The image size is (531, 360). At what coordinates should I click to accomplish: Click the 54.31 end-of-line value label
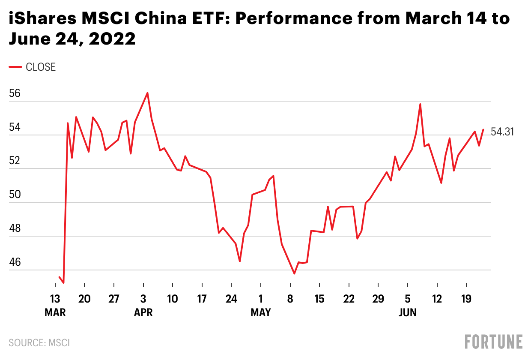502,132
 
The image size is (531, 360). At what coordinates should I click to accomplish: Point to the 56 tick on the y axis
15,93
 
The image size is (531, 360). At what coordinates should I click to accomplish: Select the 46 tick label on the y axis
15,262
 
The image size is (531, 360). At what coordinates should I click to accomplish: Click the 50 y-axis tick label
15,195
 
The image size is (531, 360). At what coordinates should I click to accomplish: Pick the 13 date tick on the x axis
55,299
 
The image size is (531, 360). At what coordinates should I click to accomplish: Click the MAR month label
55,313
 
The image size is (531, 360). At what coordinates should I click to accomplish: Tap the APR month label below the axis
143,313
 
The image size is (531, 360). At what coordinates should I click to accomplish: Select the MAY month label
260,313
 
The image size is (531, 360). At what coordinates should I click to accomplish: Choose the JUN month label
407,313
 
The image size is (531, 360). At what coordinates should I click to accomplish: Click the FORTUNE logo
494,342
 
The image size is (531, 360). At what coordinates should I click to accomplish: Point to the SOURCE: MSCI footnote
39,343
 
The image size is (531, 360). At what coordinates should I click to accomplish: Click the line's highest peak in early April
147,93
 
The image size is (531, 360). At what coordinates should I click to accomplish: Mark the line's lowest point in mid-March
63,283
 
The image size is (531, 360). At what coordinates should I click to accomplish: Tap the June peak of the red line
420,104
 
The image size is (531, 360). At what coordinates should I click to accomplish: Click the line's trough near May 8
294,273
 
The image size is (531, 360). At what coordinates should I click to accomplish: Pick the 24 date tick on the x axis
231,299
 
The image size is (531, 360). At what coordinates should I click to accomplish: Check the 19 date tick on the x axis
466,299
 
